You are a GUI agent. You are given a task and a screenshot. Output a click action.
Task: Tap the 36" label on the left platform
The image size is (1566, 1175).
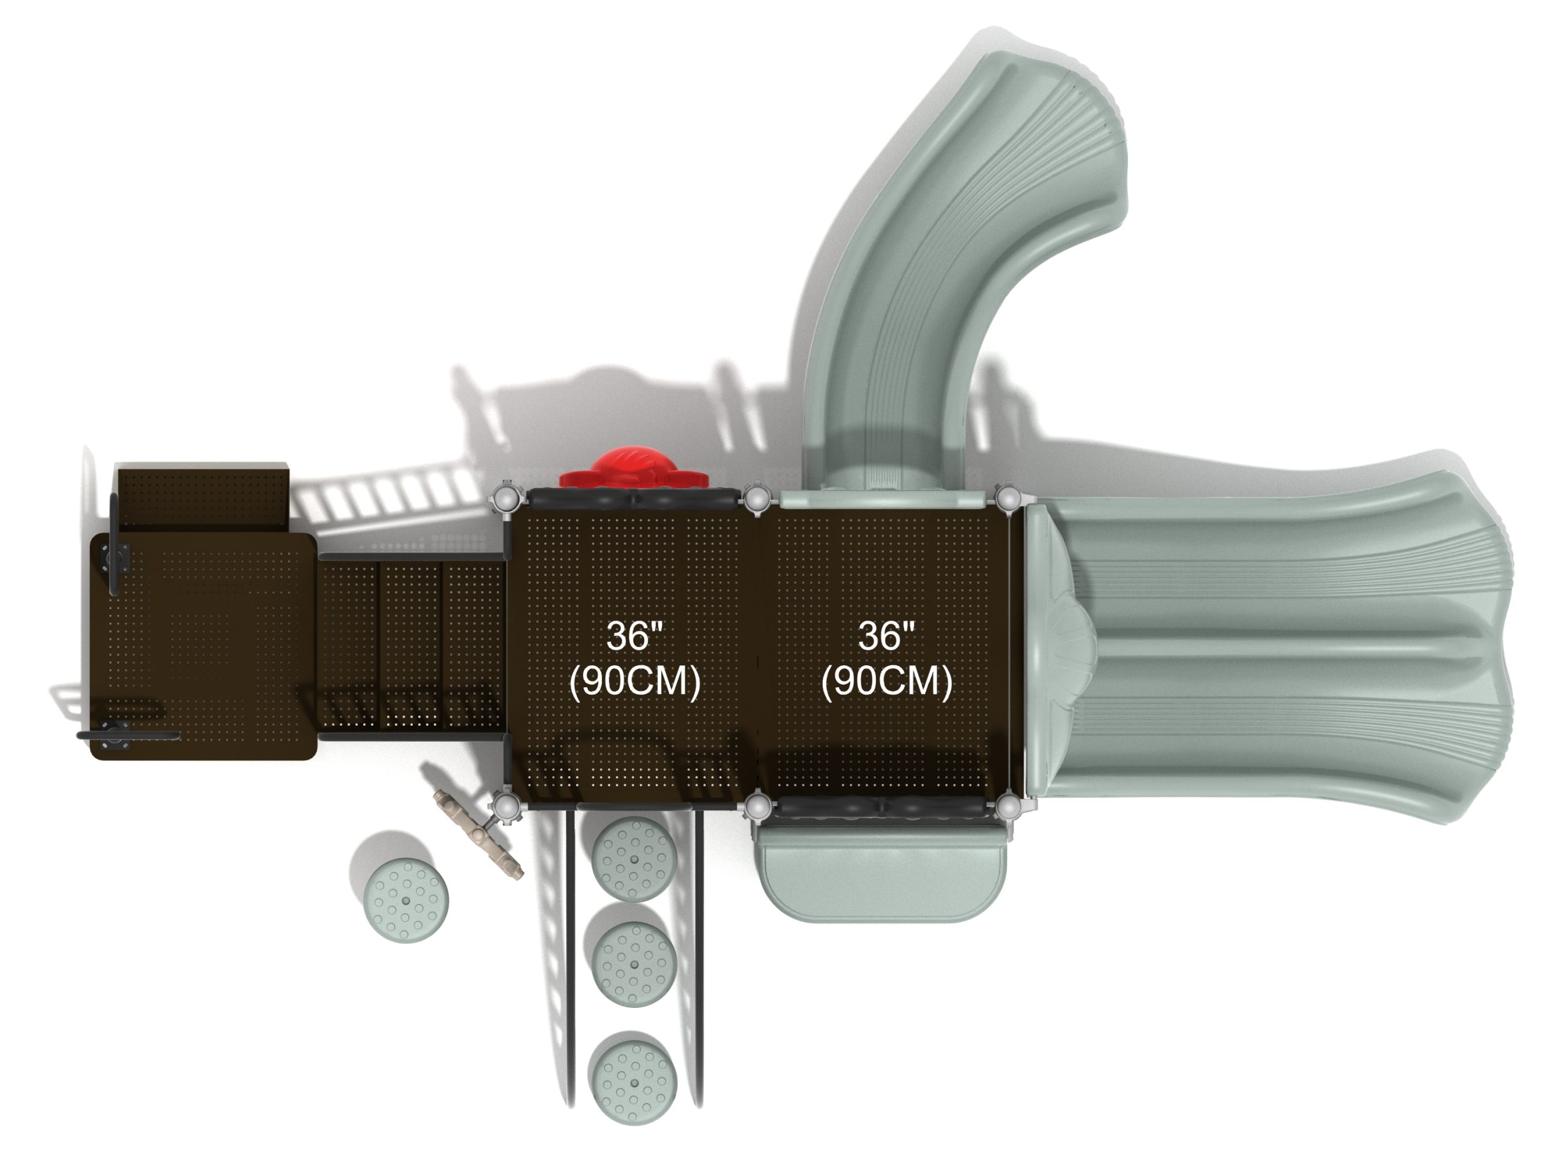pos(635,635)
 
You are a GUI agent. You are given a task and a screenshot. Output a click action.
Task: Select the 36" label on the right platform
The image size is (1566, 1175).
pos(886,635)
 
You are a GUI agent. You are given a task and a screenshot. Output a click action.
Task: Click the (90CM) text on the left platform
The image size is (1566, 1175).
pos(635,681)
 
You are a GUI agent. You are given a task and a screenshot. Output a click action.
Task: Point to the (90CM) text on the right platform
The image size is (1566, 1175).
pos(886,681)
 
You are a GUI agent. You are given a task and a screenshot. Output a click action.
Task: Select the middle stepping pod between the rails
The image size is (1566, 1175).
pos(634,964)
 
